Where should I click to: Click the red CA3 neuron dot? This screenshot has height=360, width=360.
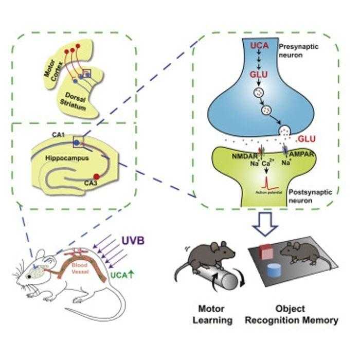[96, 177]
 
